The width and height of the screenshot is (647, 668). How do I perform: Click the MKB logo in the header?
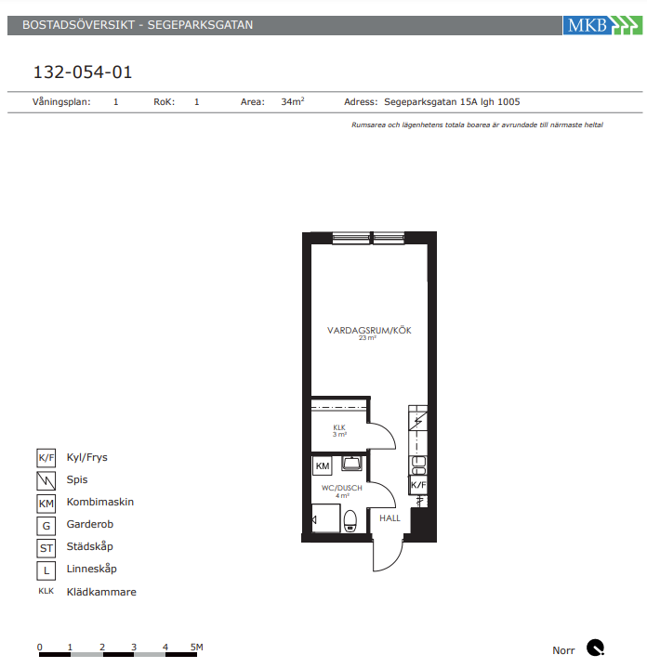[602, 25]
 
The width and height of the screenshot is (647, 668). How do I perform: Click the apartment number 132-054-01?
[83, 72]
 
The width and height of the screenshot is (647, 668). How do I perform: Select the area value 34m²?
[293, 102]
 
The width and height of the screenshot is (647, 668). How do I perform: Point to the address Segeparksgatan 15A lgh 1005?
[452, 102]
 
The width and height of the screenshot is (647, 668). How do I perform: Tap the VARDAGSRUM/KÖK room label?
[369, 330]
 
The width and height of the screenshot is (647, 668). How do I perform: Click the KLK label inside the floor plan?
[339, 427]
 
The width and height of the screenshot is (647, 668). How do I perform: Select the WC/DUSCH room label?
[342, 488]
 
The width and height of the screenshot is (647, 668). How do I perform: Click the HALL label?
[390, 518]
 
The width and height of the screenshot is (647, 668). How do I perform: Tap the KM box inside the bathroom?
[323, 466]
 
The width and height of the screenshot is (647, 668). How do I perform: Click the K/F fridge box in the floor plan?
[418, 485]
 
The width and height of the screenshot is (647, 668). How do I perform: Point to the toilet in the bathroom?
[350, 521]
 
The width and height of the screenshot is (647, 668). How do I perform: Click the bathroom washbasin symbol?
[351, 463]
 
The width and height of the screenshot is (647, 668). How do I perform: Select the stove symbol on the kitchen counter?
[417, 422]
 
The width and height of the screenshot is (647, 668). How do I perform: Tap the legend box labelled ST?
[46, 548]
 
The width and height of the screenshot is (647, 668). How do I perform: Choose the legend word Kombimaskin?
[100, 502]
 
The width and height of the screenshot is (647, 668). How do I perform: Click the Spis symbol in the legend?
[46, 481]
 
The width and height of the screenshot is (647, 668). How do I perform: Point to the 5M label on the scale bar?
[196, 647]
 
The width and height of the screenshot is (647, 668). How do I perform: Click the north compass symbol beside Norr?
[595, 648]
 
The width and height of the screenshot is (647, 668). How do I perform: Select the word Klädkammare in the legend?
[101, 592]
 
